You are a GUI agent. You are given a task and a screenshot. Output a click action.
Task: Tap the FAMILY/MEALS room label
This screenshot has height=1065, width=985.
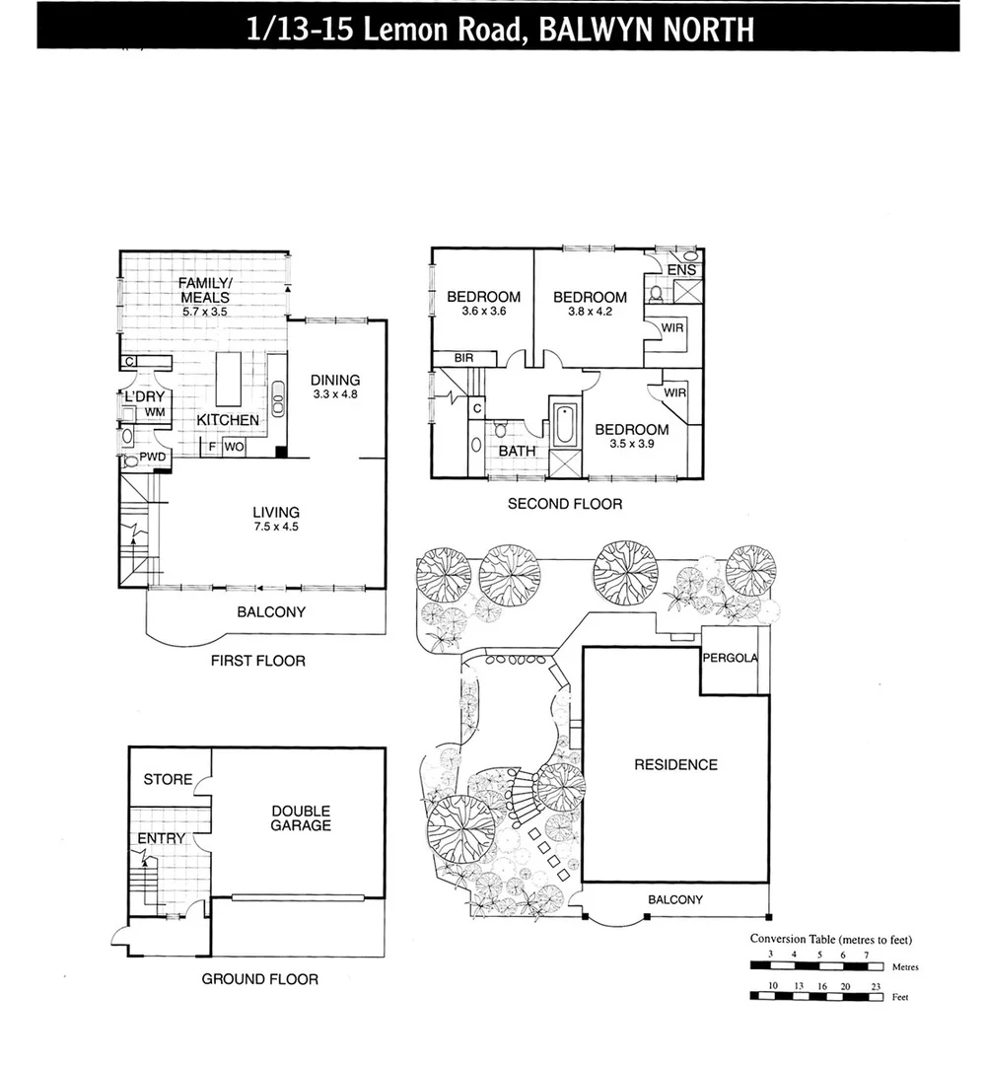click(204, 290)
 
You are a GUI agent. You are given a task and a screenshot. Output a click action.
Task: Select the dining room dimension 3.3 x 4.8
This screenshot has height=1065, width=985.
click(335, 395)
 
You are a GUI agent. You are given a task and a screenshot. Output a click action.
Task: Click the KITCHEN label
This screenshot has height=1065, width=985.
click(228, 420)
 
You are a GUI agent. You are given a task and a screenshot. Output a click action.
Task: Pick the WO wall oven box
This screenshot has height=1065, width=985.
click(234, 447)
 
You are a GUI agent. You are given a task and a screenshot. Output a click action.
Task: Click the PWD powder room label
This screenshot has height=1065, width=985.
click(152, 458)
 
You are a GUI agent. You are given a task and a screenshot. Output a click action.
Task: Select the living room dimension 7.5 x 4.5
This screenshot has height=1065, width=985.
click(275, 527)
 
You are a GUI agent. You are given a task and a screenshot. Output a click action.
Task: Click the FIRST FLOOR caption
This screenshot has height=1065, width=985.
click(258, 661)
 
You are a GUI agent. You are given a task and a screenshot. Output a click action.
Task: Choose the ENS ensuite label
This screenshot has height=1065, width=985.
click(681, 270)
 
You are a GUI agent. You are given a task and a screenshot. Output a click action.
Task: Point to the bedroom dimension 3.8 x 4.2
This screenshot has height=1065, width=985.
click(590, 312)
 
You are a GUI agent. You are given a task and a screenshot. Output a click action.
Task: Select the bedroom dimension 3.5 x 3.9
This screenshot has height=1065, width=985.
click(631, 445)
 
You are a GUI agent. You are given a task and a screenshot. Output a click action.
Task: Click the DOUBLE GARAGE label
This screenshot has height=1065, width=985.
click(302, 817)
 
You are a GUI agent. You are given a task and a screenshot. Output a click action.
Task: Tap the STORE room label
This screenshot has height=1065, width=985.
click(168, 779)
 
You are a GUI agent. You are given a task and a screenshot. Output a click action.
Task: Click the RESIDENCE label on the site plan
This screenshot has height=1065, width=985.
click(675, 764)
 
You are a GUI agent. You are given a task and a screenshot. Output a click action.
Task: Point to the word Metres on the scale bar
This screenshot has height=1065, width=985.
click(904, 967)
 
